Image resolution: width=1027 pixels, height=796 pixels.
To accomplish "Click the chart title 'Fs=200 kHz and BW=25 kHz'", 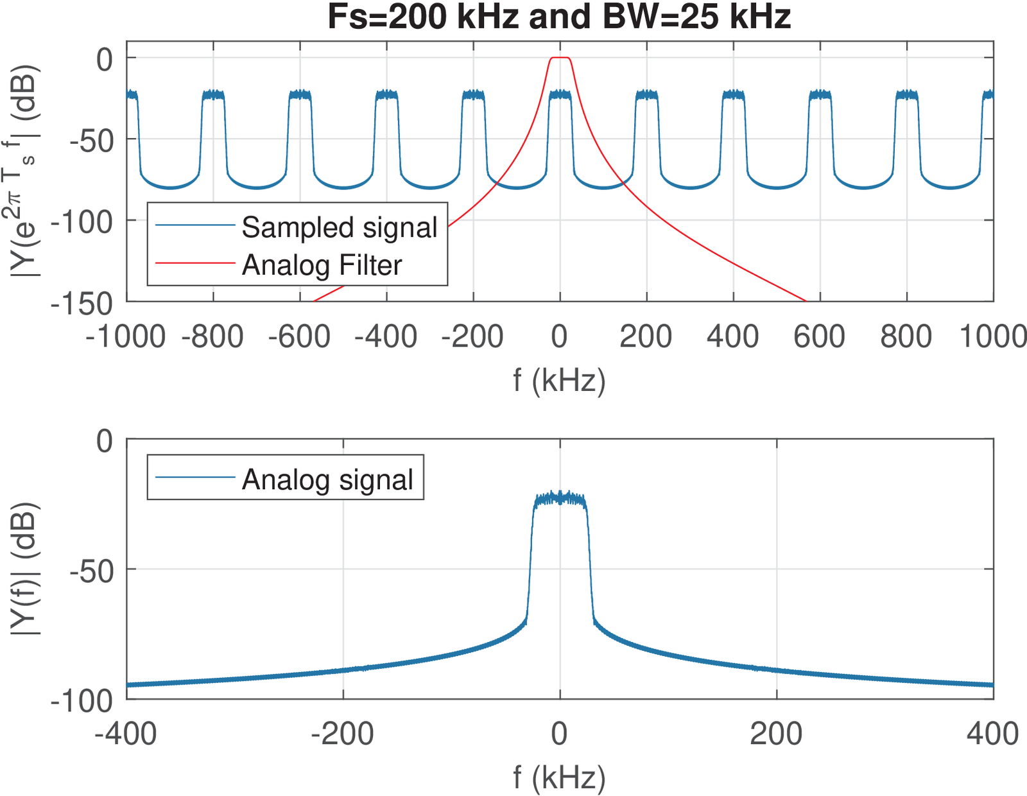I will pyautogui.click(x=559, y=17).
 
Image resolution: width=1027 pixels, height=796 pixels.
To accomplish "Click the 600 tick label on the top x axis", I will pyautogui.click(x=820, y=336).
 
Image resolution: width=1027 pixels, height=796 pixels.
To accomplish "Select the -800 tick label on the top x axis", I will pyautogui.click(x=213, y=336).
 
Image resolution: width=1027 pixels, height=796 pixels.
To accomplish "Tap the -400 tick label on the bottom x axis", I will pyautogui.click(x=126, y=734).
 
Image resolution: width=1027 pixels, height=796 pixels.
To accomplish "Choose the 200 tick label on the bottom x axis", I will pyautogui.click(x=776, y=734).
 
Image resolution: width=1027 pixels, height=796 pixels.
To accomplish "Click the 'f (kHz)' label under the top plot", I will pyautogui.click(x=559, y=380).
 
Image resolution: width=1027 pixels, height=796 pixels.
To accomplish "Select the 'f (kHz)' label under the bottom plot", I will pyautogui.click(x=559, y=777).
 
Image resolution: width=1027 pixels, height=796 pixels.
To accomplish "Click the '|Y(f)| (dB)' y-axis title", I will pyautogui.click(x=26, y=569).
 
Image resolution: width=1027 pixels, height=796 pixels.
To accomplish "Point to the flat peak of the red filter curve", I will pyautogui.click(x=560, y=58).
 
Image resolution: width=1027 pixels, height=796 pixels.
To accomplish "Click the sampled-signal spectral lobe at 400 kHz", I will pyautogui.click(x=733, y=95).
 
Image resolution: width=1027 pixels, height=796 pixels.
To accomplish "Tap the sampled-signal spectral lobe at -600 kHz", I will pyautogui.click(x=300, y=95).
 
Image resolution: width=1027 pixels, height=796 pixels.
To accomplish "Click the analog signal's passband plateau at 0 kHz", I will pyautogui.click(x=560, y=499).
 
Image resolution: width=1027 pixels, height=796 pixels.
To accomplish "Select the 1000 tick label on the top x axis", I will pyautogui.click(x=992, y=336).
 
